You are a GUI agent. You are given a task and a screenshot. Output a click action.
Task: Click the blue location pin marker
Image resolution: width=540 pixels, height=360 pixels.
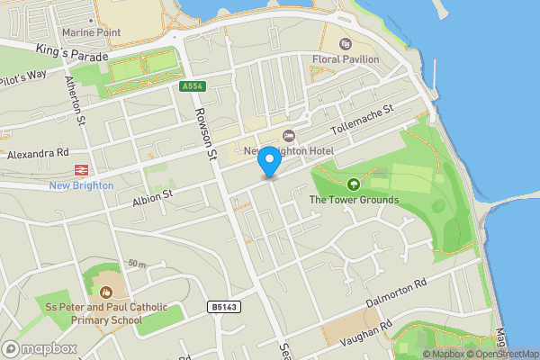tap(268, 161)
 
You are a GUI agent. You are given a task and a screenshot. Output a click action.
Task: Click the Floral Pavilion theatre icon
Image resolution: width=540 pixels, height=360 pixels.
tap(344, 44)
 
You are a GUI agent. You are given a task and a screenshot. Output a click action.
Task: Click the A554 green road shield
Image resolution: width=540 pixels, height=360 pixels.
tap(191, 86)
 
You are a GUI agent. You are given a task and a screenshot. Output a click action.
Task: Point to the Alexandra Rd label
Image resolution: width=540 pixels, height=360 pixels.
tap(39, 153)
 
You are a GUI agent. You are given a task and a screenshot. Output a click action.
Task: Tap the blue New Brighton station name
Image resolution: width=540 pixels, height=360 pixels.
tap(82, 185)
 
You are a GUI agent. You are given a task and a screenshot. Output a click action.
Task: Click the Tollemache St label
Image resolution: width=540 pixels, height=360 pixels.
tap(363, 117)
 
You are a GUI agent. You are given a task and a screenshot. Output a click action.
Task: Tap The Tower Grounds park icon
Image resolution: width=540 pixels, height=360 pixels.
tap(353, 184)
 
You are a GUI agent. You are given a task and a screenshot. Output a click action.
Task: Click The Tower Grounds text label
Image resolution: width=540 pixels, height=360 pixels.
tap(354, 200)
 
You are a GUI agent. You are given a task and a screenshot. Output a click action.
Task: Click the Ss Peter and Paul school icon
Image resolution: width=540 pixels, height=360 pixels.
tap(106, 292)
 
